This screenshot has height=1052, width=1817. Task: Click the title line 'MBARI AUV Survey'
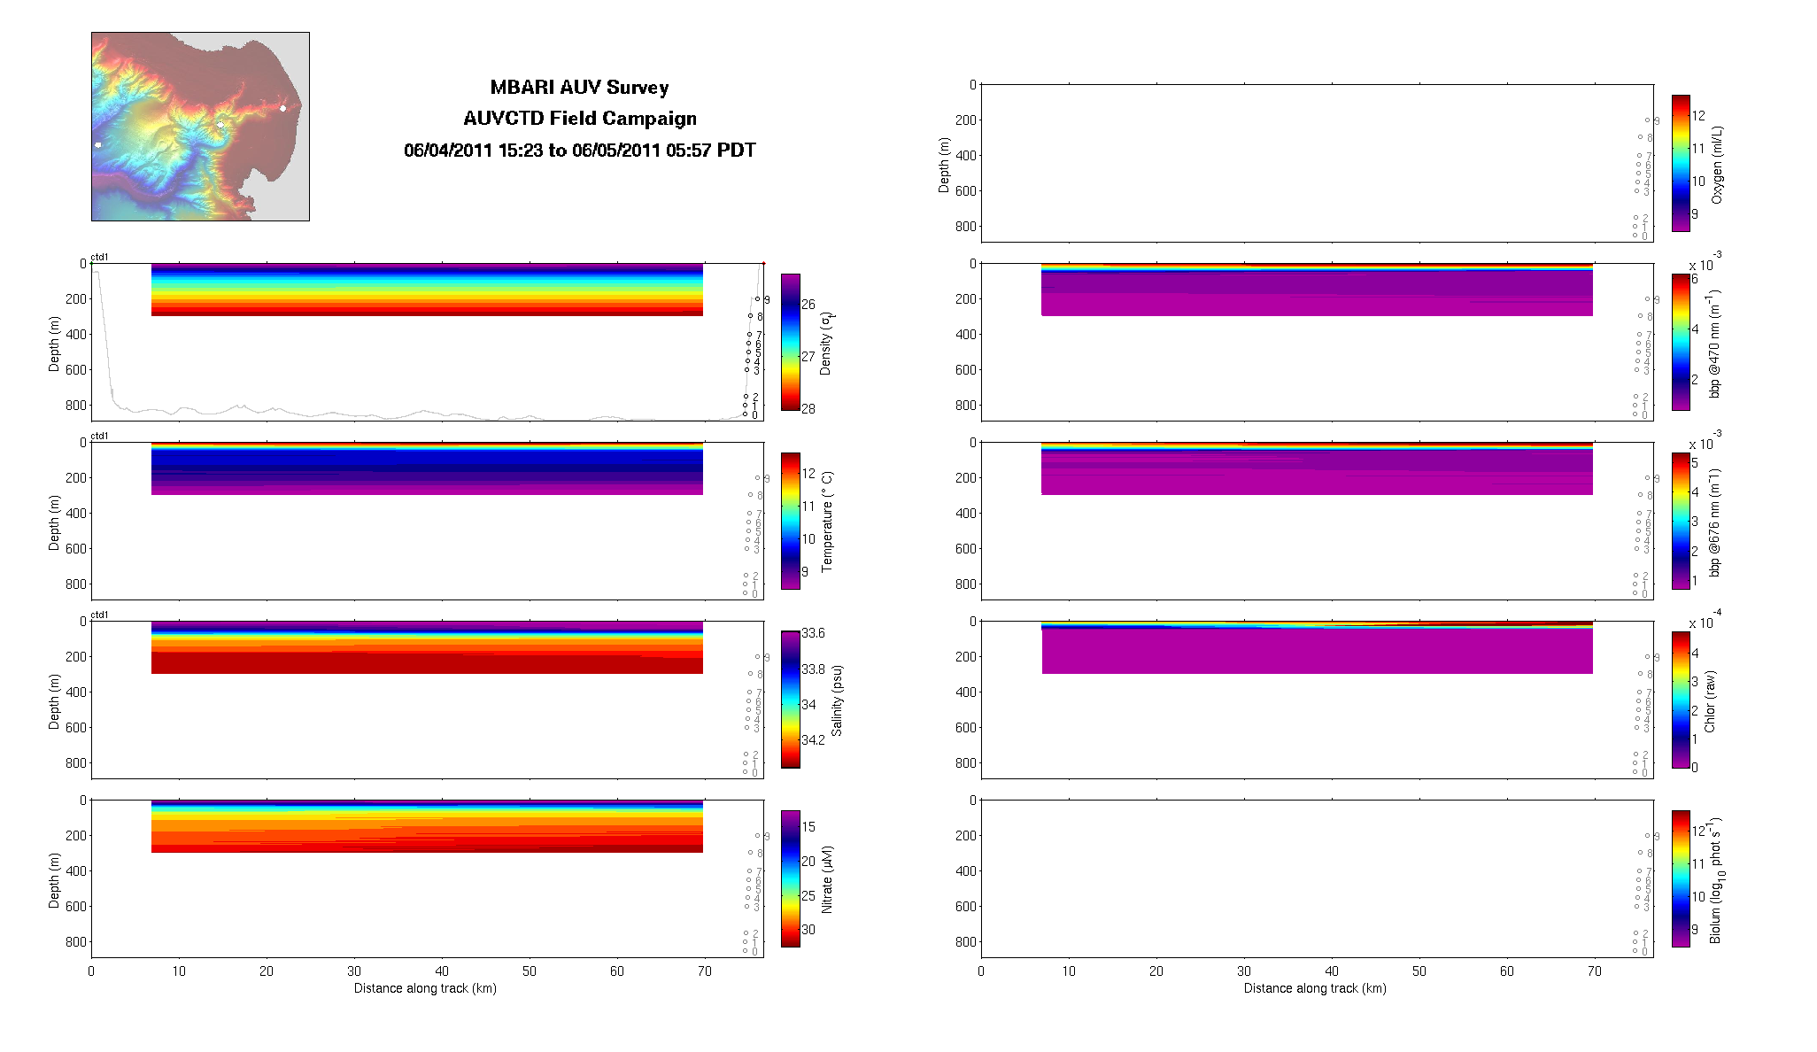579,88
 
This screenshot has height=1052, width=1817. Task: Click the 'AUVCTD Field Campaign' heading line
579,119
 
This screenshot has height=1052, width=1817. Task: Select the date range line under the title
579,151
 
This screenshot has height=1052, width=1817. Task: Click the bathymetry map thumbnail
200,127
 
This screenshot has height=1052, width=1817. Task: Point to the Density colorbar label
826,343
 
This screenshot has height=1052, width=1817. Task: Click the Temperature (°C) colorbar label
827,522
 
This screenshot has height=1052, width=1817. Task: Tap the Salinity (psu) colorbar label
837,700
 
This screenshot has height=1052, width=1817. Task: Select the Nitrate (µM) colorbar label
827,879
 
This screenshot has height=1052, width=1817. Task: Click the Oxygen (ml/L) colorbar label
1717,165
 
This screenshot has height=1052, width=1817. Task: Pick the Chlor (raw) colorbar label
1710,700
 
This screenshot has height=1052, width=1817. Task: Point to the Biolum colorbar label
1717,879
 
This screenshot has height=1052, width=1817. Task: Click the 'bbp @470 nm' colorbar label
1715,343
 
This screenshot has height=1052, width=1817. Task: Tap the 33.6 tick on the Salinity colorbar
813,633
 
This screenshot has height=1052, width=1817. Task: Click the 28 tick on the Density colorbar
808,409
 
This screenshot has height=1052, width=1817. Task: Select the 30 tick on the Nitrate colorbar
808,930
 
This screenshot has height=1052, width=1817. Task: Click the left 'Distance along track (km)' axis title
425,988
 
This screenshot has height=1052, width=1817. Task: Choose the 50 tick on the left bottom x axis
530,971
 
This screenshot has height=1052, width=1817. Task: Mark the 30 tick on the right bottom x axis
1244,971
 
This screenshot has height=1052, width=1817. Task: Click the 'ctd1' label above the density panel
100,257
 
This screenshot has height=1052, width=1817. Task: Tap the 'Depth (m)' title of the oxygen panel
944,165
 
